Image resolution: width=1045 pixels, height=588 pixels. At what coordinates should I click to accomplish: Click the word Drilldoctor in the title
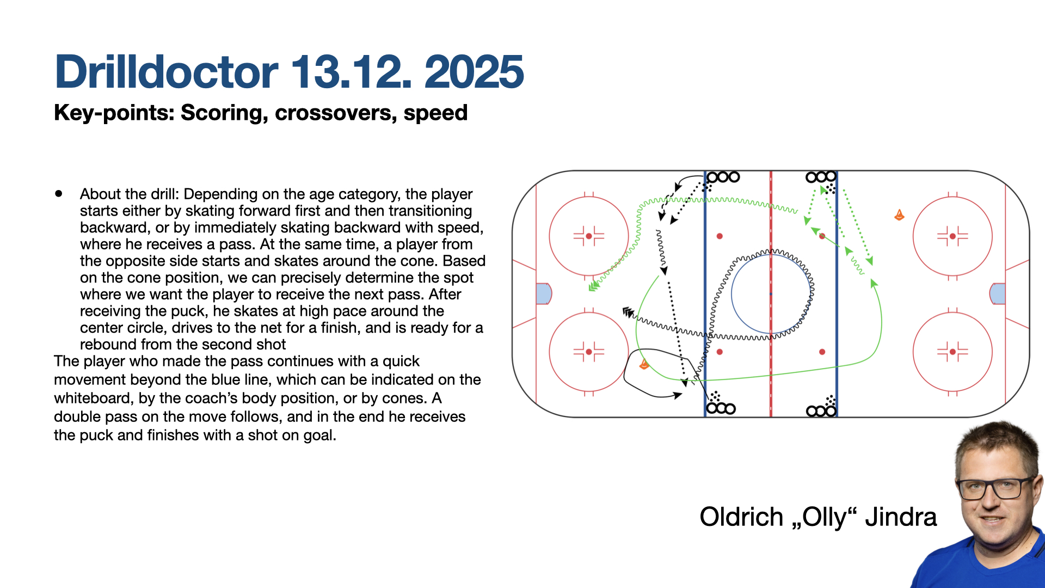(x=167, y=72)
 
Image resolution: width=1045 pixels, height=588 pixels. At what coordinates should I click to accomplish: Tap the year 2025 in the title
(x=474, y=72)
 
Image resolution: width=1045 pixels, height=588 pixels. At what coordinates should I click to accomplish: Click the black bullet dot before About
(x=59, y=193)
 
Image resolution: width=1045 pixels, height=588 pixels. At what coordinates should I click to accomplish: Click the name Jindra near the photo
(x=901, y=517)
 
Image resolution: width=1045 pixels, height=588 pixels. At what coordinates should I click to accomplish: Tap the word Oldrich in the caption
(x=741, y=517)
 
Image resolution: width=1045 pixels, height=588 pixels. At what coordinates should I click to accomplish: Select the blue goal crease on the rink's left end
(x=544, y=294)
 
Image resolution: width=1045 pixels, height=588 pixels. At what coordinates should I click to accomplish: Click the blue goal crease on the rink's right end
(x=998, y=294)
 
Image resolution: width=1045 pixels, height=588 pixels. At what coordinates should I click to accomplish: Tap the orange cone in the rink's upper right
(x=899, y=216)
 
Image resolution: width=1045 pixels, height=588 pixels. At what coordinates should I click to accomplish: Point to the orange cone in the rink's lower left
(x=644, y=364)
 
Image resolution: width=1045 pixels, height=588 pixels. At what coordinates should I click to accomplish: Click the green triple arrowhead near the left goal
(x=594, y=285)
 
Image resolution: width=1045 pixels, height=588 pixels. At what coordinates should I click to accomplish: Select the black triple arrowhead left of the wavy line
(x=629, y=313)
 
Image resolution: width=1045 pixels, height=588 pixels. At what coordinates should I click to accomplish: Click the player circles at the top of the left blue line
(x=723, y=177)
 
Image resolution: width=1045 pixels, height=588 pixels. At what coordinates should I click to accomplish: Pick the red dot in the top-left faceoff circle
(x=589, y=236)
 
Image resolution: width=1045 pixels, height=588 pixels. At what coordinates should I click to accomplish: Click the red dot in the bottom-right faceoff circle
(x=952, y=352)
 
